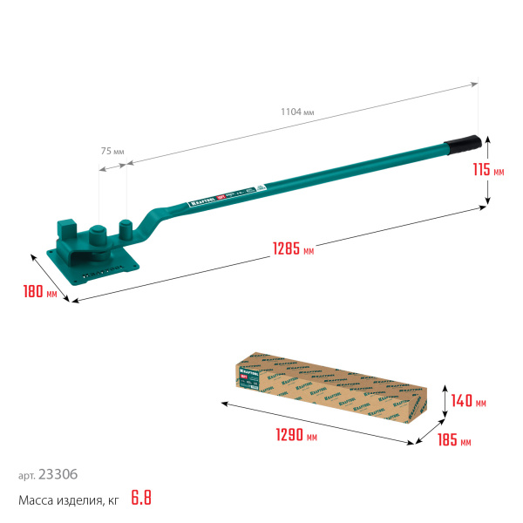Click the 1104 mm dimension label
pyautogui.click(x=297, y=111)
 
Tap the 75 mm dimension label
pyautogui.click(x=112, y=151)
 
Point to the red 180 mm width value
pyautogui.click(x=40, y=292)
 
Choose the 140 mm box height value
pyautogui.click(x=469, y=403)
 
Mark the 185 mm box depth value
pyautogui.click(x=453, y=442)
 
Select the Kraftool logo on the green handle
pyautogui.click(x=202, y=203)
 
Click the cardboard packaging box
pyautogui.click(x=331, y=384)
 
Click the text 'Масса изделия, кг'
pyautogui.click(x=67, y=500)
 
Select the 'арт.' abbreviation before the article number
pyautogui.click(x=27, y=476)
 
